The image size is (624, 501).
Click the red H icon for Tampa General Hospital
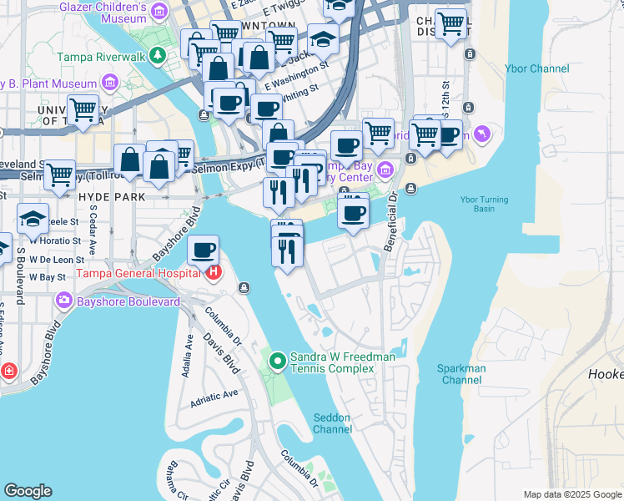tap(215, 272)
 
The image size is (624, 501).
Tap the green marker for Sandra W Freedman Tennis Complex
tap(278, 362)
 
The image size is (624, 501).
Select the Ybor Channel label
tap(536, 68)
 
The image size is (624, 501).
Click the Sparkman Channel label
tap(460, 374)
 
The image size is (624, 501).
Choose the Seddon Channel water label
tap(332, 423)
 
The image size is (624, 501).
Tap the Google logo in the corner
tap(28, 491)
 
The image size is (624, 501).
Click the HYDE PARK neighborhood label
tap(111, 197)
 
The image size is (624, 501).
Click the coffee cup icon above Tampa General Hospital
tap(203, 249)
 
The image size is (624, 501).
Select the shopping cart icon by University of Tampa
tap(83, 109)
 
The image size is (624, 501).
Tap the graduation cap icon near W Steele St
tap(33, 220)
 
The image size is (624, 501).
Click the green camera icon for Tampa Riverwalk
tap(158, 57)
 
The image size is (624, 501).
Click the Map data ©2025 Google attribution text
tap(573, 494)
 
